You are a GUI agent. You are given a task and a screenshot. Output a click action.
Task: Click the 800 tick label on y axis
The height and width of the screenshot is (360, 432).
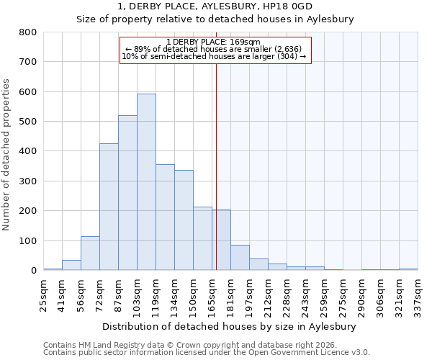coord(27,32)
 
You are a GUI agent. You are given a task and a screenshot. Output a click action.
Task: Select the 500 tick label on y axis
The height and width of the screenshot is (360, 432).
coord(27,122)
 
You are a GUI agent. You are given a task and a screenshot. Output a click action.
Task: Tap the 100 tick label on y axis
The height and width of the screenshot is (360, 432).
coord(27,240)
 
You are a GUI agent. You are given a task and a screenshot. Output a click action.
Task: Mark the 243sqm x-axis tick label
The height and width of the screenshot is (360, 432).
coord(305,292)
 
